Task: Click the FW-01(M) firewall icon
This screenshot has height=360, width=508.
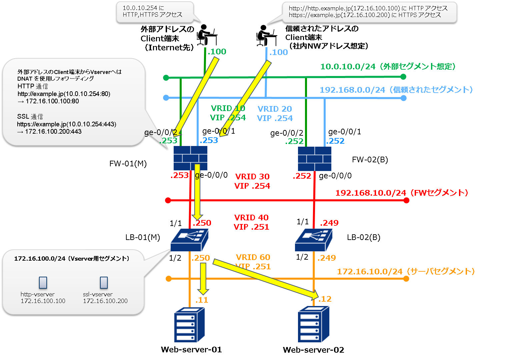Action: point(190,158)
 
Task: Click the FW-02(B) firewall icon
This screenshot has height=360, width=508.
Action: point(314,159)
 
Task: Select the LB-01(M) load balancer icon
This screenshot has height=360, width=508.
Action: point(189,240)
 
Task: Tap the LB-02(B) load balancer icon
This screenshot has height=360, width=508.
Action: point(313,240)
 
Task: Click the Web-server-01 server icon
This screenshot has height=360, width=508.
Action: point(189,325)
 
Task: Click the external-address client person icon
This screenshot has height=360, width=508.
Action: point(207,35)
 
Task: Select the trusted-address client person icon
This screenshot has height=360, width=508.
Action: point(266,35)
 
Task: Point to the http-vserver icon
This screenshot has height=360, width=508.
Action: point(43,282)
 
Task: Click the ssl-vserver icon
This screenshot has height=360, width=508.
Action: point(104,282)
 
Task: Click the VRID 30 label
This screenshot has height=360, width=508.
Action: point(252,176)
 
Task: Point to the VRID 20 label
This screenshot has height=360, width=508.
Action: point(275,109)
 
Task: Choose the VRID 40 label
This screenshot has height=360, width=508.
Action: point(251,217)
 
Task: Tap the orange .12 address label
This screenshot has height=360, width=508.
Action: point(325,299)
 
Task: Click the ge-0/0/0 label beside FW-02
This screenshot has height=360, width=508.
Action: point(335,176)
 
